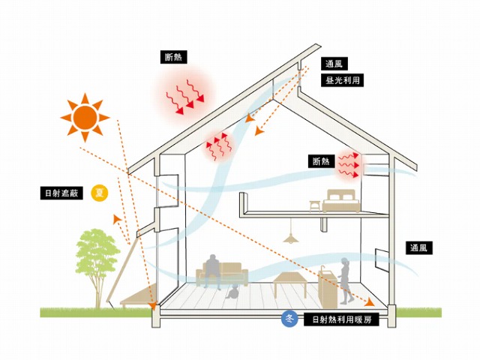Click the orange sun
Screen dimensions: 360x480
pos(85,117)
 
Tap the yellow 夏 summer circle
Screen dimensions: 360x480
pos(98,193)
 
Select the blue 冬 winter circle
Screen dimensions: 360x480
pos(291,319)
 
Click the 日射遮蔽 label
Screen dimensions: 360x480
pos(62,193)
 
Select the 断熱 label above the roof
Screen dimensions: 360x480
pos(175,56)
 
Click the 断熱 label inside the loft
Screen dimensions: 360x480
pos(320,161)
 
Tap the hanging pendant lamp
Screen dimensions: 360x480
pos(289,237)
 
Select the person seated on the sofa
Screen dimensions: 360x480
pos(213,270)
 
